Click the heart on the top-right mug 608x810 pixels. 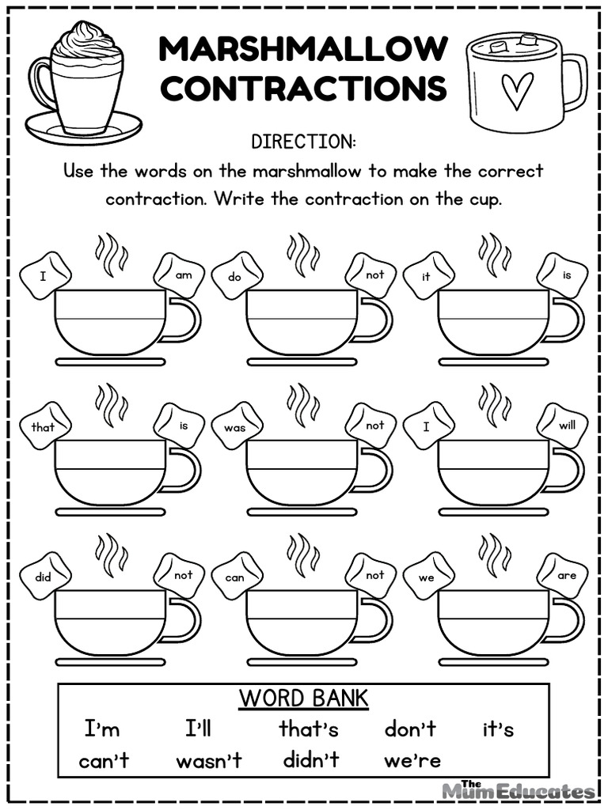pos(519,90)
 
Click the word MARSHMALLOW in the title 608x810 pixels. pos(303,49)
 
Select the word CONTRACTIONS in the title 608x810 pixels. pos(303,89)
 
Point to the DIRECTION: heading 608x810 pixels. pos(303,142)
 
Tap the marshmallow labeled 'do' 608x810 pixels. pos(236,276)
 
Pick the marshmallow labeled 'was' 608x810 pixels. pos(235,426)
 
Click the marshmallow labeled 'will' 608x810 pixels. pos(564,425)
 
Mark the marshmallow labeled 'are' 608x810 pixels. pos(564,575)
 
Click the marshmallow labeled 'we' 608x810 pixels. pos(427,577)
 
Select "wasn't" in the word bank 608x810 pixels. pos(208,761)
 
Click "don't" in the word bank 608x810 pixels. pos(410,729)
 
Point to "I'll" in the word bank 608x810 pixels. pos(198,729)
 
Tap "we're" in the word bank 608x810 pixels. pos(412,761)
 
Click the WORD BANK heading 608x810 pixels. pos(303,698)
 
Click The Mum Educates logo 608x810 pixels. pos(519,789)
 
